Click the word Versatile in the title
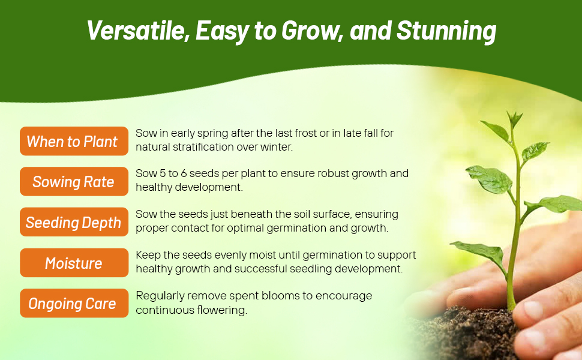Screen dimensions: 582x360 coord(136,31)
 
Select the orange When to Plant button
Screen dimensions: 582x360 coord(74,141)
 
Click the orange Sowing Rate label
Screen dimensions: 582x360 coord(74,181)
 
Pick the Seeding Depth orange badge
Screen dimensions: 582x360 coord(74,222)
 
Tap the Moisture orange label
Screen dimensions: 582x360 coord(74,263)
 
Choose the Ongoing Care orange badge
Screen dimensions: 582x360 coord(74,303)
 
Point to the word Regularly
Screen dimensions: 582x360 coord(160,296)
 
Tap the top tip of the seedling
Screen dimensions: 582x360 coord(514,112)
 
